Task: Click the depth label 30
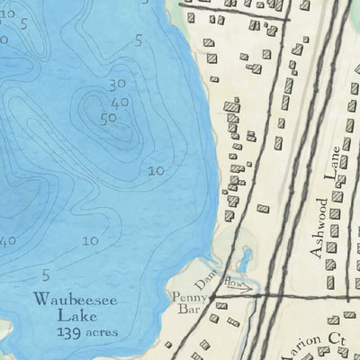(x=115, y=85)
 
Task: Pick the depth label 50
(x=109, y=117)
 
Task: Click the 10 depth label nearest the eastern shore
(x=156, y=171)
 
